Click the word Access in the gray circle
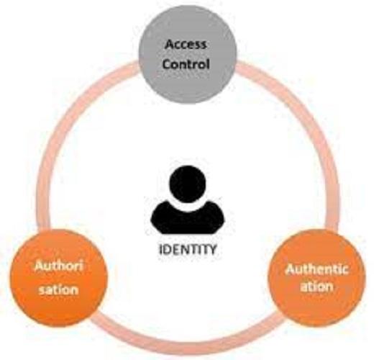click(x=186, y=45)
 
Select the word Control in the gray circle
click(x=186, y=64)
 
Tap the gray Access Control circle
click(x=188, y=54)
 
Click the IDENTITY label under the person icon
click(x=188, y=250)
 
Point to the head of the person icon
click(x=188, y=184)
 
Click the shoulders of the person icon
click(x=188, y=218)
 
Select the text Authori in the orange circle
click(x=59, y=266)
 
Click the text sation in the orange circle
click(x=58, y=289)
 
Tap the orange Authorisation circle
click(x=59, y=279)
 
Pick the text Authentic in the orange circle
click(x=316, y=269)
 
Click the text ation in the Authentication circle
click(x=316, y=287)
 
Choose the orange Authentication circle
click(x=317, y=278)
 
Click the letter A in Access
click(x=170, y=45)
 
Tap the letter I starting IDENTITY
click(x=161, y=250)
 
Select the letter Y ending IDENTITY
click(x=211, y=250)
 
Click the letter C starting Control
click(x=168, y=64)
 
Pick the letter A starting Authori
click(x=40, y=266)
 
